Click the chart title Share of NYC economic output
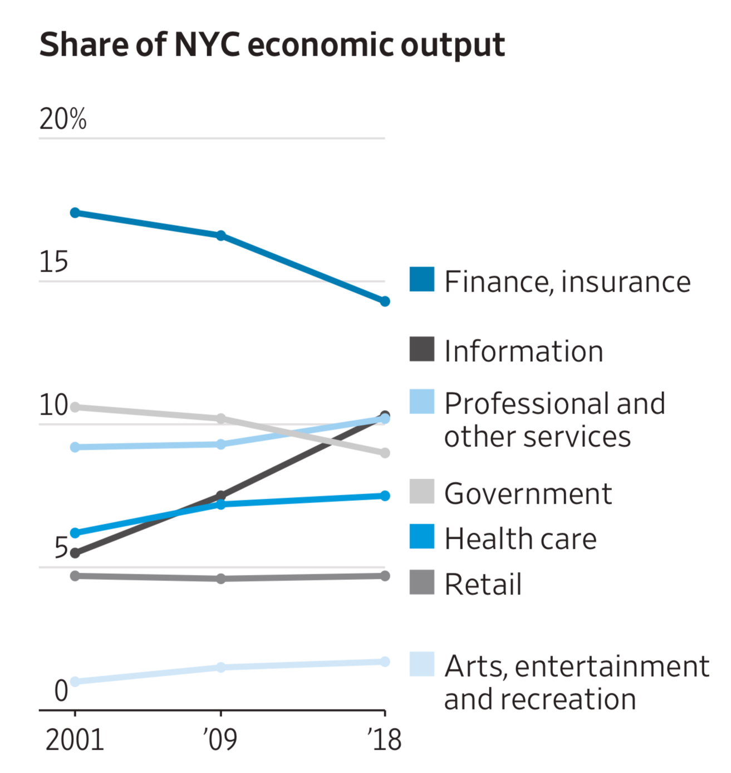(272, 45)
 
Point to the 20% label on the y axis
(63, 119)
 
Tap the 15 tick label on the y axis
(53, 262)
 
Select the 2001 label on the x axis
(75, 740)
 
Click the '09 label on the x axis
(220, 740)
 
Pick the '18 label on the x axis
(384, 740)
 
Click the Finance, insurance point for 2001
(75, 213)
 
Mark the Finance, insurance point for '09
(221, 235)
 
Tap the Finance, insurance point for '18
(385, 302)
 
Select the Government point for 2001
(75, 407)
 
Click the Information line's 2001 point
(75, 553)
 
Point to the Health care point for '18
(385, 496)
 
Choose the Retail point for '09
(221, 579)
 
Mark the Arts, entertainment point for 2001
(75, 682)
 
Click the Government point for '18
(385, 453)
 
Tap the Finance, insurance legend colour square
(422, 279)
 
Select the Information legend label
(523, 351)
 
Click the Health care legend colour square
(422, 536)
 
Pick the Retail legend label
(483, 584)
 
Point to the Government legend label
(528, 493)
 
